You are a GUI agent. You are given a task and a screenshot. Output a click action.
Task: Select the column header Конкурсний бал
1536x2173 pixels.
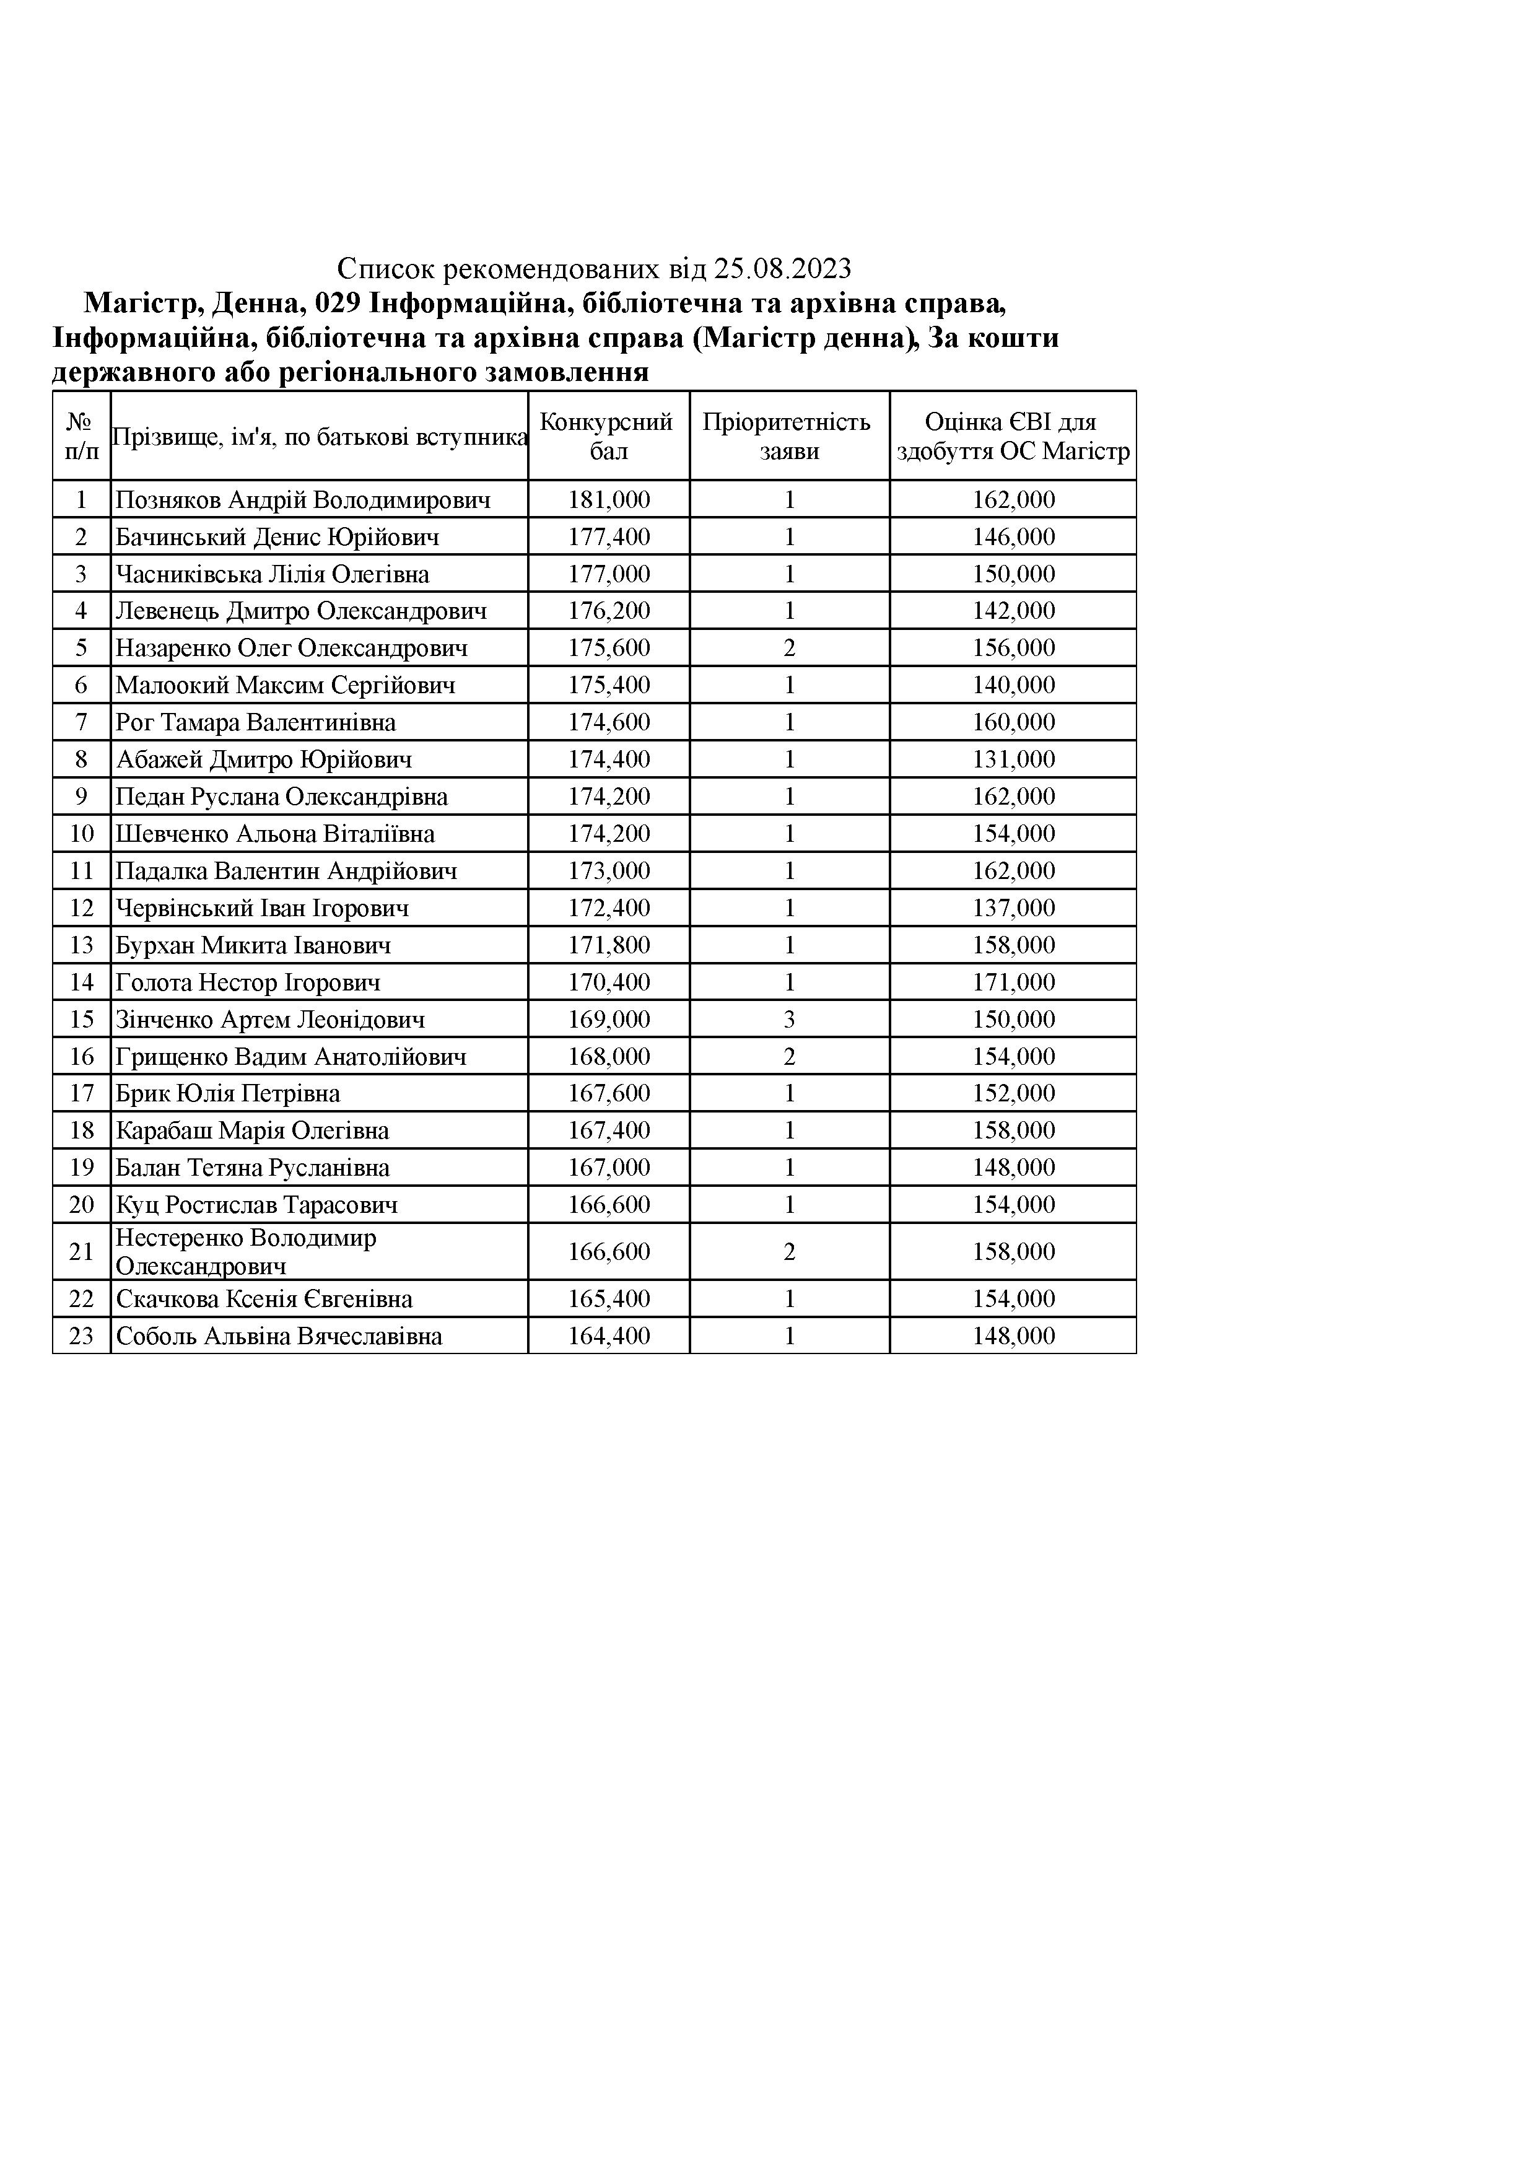[608, 436]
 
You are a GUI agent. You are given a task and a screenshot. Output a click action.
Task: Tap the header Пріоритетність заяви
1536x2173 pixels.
[788, 436]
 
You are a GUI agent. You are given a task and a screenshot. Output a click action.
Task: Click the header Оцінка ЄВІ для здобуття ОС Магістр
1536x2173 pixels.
[1013, 436]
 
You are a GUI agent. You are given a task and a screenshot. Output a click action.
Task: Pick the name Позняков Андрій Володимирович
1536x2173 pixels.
[303, 500]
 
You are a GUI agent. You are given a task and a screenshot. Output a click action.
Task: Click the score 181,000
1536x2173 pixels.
[609, 500]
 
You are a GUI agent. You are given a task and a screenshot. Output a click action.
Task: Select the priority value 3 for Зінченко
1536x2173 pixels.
[789, 1020]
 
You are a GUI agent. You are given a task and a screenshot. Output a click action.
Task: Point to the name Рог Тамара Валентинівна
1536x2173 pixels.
[256, 723]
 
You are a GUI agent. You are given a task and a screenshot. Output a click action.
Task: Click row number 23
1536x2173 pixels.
[81, 1336]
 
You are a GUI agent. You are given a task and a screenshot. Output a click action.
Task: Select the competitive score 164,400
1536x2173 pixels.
[609, 1336]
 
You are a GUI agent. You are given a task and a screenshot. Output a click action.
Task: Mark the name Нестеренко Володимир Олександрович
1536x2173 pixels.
[246, 1252]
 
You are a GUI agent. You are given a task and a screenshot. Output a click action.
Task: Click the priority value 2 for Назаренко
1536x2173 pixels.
[789, 649]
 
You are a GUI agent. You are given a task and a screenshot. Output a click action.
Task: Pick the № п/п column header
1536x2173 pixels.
[81, 436]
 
